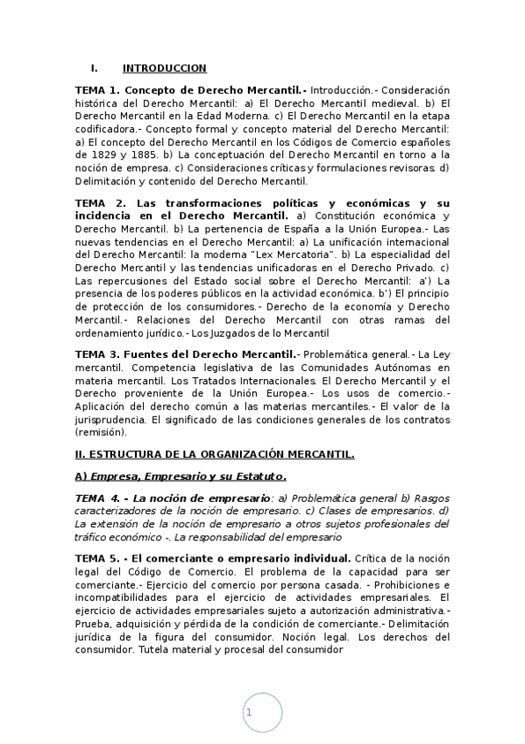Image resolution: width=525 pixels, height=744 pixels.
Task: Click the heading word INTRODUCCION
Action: pyautogui.click(x=164, y=68)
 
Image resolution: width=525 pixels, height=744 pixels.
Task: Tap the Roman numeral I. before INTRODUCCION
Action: pyautogui.click(x=94, y=68)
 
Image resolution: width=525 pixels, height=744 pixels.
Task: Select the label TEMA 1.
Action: pyautogui.click(x=96, y=90)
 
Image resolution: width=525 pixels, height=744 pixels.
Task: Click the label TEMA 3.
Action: pyautogui.click(x=96, y=353)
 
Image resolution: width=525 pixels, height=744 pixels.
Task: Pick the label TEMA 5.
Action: pyautogui.click(x=96, y=558)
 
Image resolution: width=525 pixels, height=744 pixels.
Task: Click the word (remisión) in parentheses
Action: pyautogui.click(x=101, y=432)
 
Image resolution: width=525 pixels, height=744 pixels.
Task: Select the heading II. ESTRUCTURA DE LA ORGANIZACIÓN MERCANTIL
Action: pyautogui.click(x=215, y=454)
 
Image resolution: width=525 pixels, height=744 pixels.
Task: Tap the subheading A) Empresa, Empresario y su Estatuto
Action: pyautogui.click(x=181, y=476)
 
